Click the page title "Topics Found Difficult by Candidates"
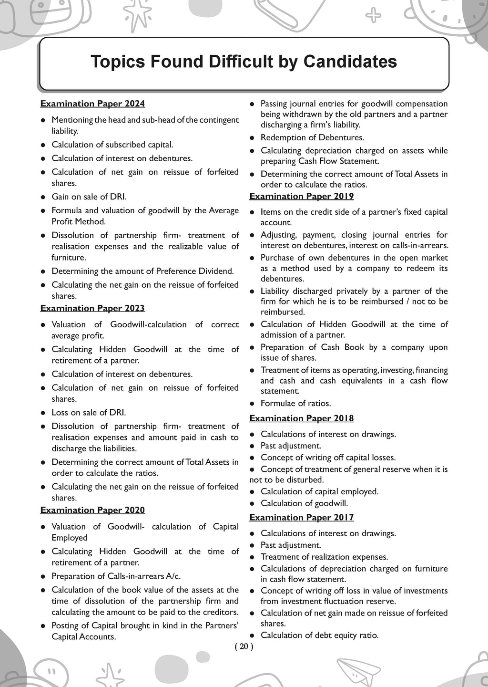tap(244, 62)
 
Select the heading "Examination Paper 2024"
tap(92, 104)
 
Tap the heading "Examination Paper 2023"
tap(92, 308)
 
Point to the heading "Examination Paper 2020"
tap(92, 510)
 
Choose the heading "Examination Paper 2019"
tap(302, 196)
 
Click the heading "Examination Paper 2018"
tap(302, 418)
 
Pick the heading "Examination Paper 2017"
tap(302, 517)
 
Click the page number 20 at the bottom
tap(244, 647)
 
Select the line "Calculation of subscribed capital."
tap(112, 144)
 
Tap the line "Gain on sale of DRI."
tap(89, 197)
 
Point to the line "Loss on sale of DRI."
tap(89, 413)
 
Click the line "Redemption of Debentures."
tap(312, 137)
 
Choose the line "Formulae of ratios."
tap(295, 403)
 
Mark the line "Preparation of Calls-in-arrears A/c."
tap(116, 576)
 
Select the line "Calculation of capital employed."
tap(319, 491)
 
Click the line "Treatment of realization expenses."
tap(324, 557)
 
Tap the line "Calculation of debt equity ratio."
tap(319, 635)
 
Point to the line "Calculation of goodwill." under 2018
tap(304, 503)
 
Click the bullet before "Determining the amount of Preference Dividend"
tap(43, 271)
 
